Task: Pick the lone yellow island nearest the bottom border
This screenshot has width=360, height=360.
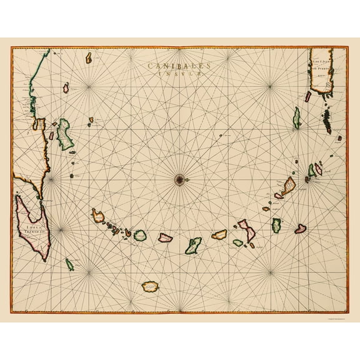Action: (x=151, y=286)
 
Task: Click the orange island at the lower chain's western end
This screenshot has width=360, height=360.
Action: (x=97, y=216)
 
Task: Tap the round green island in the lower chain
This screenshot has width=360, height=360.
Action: (x=140, y=235)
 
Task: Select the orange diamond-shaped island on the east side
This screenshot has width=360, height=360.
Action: (x=288, y=186)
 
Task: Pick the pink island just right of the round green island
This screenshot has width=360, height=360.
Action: (x=165, y=237)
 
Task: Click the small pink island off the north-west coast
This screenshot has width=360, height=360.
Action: (x=66, y=89)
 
